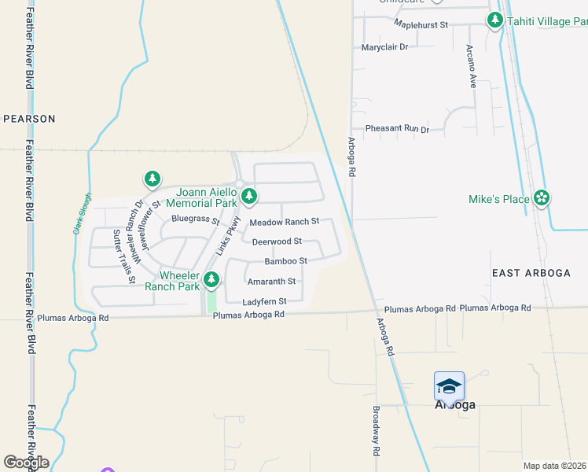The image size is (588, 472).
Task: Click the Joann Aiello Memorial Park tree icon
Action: (249, 195)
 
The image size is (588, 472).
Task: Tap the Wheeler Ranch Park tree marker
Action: (211, 279)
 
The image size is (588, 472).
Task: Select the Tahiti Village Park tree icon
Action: (495, 20)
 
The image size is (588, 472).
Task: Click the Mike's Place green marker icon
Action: (541, 198)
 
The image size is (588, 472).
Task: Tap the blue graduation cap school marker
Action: (449, 385)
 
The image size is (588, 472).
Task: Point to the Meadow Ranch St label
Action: (284, 223)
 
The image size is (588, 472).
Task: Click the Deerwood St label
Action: (277, 242)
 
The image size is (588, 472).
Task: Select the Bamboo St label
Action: (285, 261)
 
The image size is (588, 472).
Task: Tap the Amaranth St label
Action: (271, 281)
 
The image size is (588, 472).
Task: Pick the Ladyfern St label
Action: (264, 301)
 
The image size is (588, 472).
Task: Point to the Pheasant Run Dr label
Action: (397, 129)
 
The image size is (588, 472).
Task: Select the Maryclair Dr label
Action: (385, 47)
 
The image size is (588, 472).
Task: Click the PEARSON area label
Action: (30, 119)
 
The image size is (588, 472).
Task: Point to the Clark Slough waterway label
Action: (81, 214)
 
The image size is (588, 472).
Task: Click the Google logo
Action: (26, 462)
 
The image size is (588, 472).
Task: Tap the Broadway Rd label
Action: (377, 431)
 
